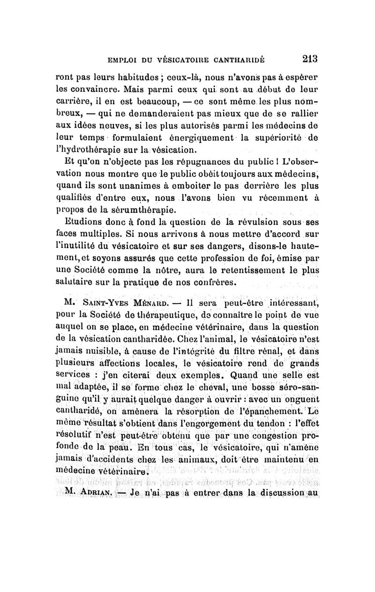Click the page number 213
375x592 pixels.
309,59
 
